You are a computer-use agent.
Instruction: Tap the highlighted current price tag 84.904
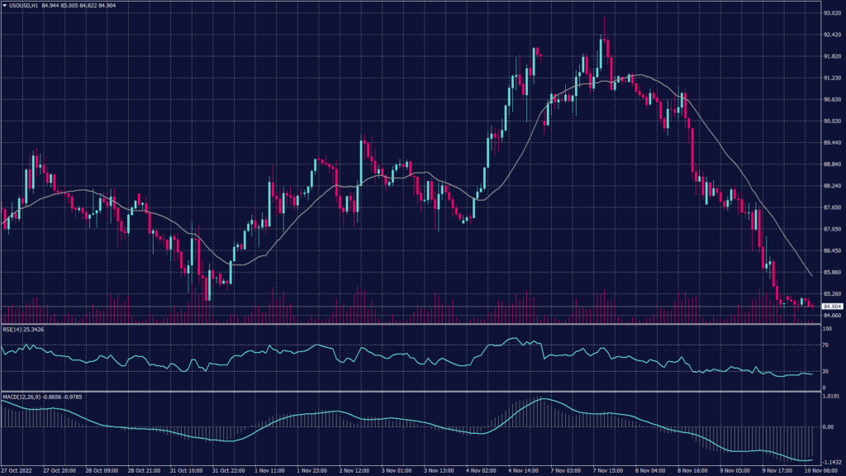pyautogui.click(x=830, y=306)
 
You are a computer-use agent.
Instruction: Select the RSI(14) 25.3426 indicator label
pyautogui.click(x=23, y=330)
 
